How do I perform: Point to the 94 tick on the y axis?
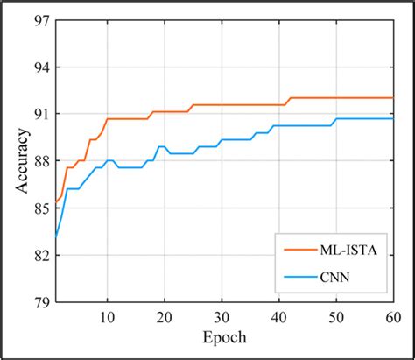(39, 67)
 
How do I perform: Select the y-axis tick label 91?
(39, 114)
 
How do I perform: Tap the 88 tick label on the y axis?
(39, 161)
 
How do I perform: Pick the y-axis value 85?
(39, 208)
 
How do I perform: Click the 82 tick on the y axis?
(39, 255)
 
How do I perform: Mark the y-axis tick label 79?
(39, 302)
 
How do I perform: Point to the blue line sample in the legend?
(294, 279)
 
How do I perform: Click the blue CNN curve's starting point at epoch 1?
(55, 236)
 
